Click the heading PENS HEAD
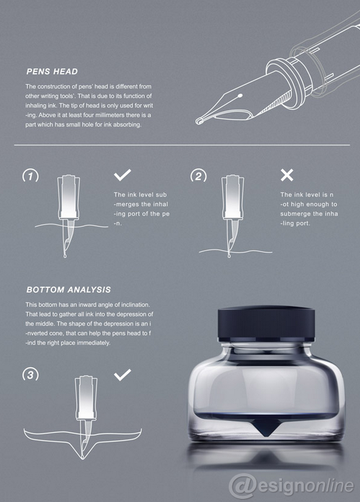pyautogui.click(x=52, y=71)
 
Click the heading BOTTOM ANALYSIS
pyautogui.click(x=69, y=289)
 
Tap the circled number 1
pyautogui.click(x=31, y=176)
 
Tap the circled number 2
pyautogui.click(x=198, y=176)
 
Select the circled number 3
pyautogui.click(x=31, y=374)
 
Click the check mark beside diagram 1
pyautogui.click(x=122, y=175)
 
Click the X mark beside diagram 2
pyautogui.click(x=287, y=175)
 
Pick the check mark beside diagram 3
pyautogui.click(x=122, y=374)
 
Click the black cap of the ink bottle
pyautogui.click(x=266, y=323)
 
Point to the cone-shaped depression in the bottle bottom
pyautogui.click(x=266, y=427)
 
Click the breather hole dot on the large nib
pyautogui.click(x=241, y=96)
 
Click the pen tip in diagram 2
pyautogui.click(x=229, y=256)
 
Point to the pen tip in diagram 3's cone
pyautogui.click(x=83, y=456)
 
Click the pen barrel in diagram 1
pyautogui.click(x=69, y=197)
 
